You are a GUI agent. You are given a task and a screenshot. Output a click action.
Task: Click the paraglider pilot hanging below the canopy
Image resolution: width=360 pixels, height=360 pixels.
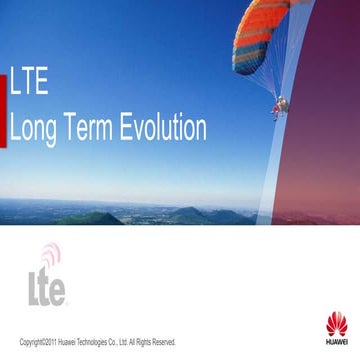pyautogui.click(x=281, y=104)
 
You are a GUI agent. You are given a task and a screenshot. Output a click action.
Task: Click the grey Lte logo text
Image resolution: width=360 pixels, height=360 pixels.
pyautogui.click(x=45, y=285)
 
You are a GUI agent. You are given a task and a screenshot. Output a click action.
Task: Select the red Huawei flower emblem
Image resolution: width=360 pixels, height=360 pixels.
pyautogui.click(x=337, y=322)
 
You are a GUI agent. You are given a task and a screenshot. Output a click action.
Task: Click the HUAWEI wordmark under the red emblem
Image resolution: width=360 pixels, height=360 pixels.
pyautogui.click(x=337, y=341)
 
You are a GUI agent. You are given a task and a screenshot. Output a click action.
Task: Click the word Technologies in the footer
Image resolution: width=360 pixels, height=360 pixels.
pyautogui.click(x=91, y=342)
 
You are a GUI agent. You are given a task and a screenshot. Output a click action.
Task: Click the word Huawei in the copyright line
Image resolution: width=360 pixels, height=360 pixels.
pyautogui.click(x=65, y=342)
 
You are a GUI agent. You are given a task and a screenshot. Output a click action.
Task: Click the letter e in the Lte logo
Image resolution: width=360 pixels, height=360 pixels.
pyautogui.click(x=58, y=291)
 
